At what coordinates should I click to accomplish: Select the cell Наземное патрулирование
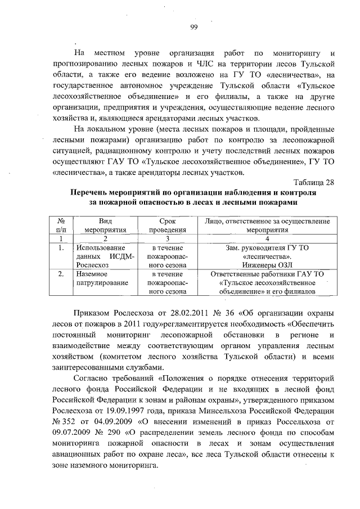102,278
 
